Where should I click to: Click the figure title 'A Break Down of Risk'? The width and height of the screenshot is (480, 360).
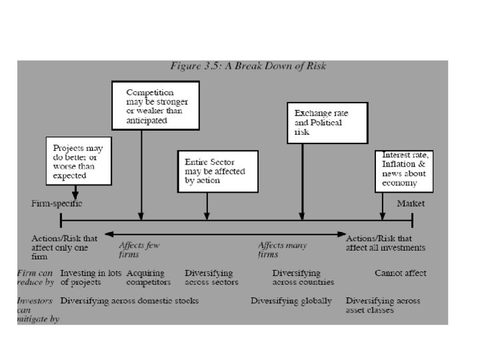coord(265,66)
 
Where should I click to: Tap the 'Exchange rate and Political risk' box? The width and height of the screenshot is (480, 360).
coord(327,123)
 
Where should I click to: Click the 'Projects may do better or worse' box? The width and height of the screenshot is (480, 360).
coord(79,160)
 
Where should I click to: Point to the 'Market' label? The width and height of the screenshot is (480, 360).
coord(411,203)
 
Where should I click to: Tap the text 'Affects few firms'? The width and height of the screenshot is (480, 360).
coord(139,249)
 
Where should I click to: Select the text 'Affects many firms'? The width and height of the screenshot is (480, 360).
coord(282,249)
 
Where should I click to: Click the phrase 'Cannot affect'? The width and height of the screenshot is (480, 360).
coord(400,273)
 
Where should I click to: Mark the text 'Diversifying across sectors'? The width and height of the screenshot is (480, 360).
coord(209,277)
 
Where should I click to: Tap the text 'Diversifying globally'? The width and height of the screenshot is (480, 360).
coord(291,301)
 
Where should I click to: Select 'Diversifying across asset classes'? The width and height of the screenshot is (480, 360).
coord(383,305)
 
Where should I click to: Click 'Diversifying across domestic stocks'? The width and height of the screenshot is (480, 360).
coord(129,301)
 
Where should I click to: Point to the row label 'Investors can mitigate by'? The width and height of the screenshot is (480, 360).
coord(37,310)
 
